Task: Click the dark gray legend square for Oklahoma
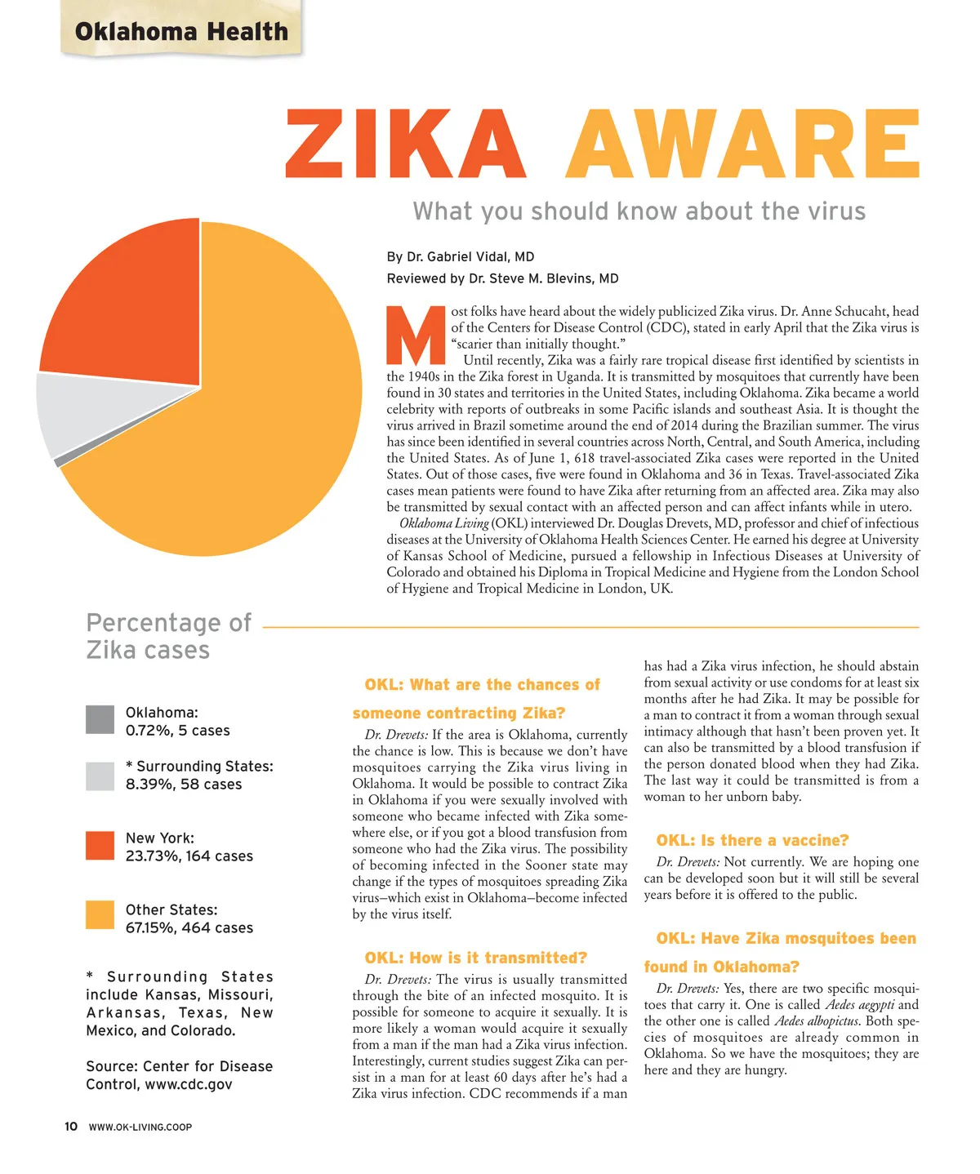tap(100, 720)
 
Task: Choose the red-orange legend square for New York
tap(100, 846)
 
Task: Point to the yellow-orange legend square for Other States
tap(100, 915)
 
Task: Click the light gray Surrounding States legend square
tap(100, 776)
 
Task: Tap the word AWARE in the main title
tap(742, 145)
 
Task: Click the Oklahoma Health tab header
tap(181, 32)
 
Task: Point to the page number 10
tap(71, 1127)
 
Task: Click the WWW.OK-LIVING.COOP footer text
tap(140, 1127)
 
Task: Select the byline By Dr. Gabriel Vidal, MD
tap(461, 256)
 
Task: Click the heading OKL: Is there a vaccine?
tap(752, 840)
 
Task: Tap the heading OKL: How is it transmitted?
tap(475, 958)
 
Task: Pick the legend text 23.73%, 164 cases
tap(189, 856)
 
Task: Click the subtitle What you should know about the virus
tap(639, 211)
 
